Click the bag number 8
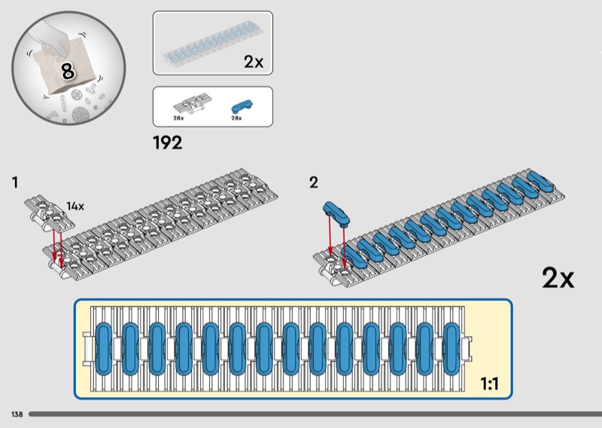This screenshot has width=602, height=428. point(67,72)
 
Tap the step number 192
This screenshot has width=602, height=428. point(167,142)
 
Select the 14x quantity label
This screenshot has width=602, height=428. point(75,206)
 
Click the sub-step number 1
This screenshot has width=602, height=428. point(15,182)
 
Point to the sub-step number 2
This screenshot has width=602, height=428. point(314,182)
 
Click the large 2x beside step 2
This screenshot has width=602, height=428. point(558,278)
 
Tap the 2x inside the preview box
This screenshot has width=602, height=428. point(254,63)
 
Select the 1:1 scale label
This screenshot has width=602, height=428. point(490,384)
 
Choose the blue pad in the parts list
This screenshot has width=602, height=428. point(242,105)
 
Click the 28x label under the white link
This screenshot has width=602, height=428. point(178,118)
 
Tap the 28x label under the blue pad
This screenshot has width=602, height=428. point(236,118)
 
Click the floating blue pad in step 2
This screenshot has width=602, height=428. point(336,212)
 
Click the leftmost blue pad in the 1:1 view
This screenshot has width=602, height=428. point(104,348)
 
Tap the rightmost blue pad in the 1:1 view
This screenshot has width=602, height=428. point(451,348)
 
